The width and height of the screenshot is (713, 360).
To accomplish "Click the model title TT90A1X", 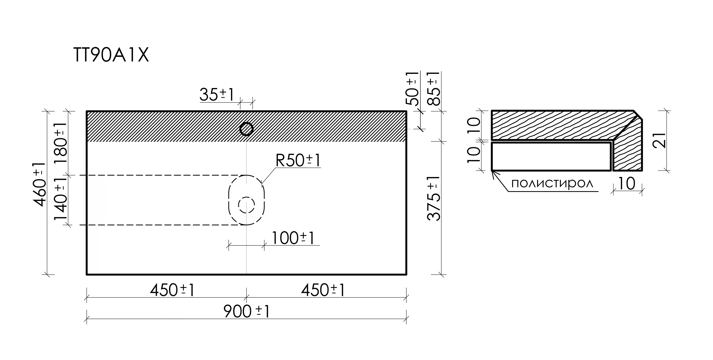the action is pyautogui.click(x=111, y=55).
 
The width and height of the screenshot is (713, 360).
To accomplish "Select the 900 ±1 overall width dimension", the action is pyautogui.click(x=246, y=311).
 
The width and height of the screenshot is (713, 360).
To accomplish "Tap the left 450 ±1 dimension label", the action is pyautogui.click(x=172, y=290).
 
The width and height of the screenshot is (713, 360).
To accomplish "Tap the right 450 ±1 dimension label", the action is pyautogui.click(x=323, y=290).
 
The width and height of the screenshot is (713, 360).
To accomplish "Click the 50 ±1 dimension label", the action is pyautogui.click(x=412, y=88).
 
